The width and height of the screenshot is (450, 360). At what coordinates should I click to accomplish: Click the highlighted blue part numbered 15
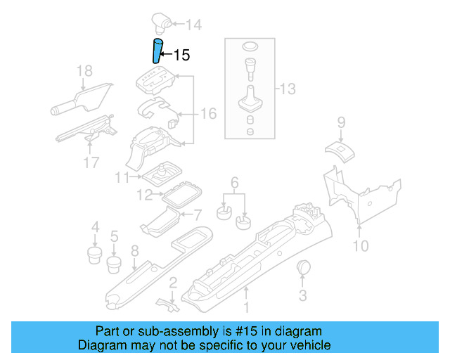pos(157,52)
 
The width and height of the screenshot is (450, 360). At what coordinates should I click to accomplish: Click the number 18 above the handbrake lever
pos(84,70)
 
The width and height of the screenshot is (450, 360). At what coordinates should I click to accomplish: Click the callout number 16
pos(208,114)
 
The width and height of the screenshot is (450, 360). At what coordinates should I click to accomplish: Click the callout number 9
pos(341,122)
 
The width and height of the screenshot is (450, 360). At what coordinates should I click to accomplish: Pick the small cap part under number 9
pos(340,148)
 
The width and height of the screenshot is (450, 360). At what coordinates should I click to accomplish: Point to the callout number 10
pos(360,245)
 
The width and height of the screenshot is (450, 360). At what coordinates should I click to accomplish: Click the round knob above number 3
pos(305,267)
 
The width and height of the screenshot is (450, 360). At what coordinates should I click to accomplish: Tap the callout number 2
pos(172,282)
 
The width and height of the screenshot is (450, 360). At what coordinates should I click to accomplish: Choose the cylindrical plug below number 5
pos(113,264)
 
